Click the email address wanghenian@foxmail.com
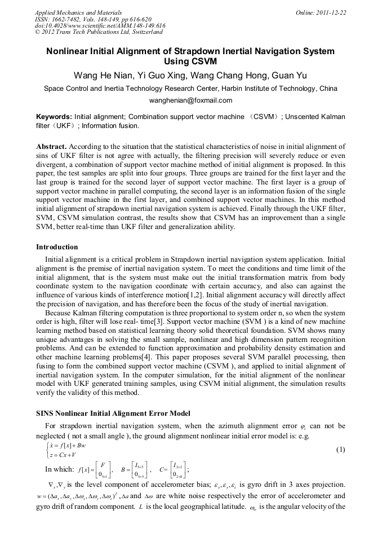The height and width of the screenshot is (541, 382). (x=190, y=100)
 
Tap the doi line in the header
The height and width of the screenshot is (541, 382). (x=100, y=26)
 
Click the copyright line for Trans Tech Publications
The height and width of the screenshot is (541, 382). (x=99, y=33)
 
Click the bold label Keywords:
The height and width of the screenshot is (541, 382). (x=54, y=116)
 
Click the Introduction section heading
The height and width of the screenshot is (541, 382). (x=57, y=247)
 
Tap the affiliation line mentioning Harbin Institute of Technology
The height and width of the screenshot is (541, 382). (x=190, y=89)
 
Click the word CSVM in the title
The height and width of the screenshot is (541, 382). (x=190, y=61)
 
